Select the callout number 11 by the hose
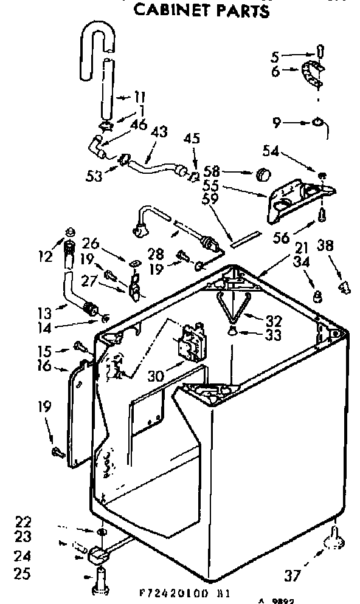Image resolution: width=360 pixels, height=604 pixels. pyautogui.click(x=140, y=95)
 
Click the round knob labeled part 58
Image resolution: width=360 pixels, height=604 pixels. pyautogui.click(x=262, y=174)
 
